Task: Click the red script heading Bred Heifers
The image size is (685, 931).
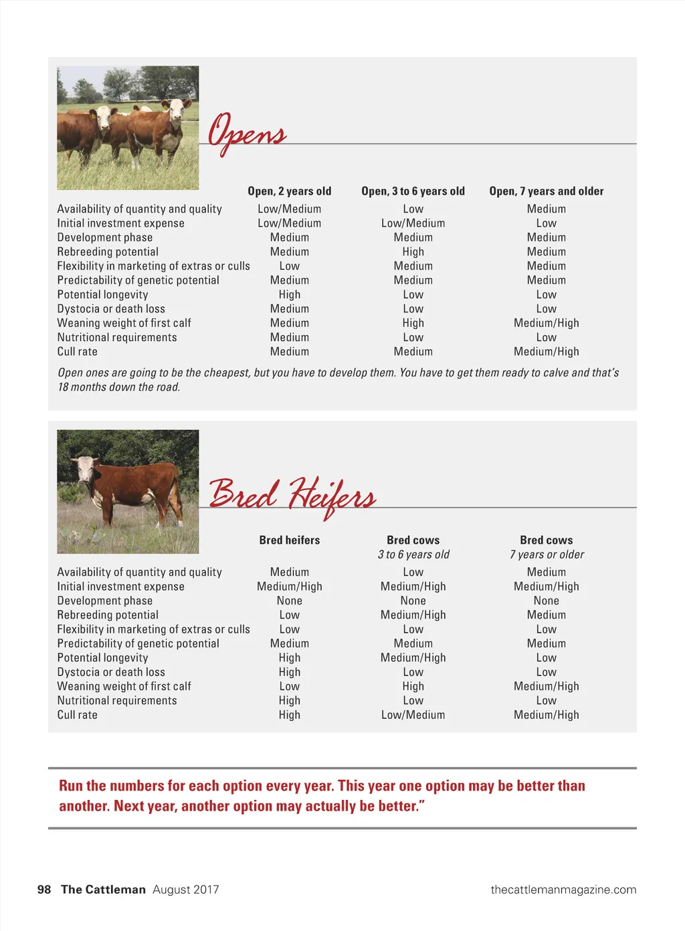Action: [292, 496]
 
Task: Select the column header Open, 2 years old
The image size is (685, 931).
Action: [289, 191]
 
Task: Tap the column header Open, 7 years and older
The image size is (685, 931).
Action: [546, 191]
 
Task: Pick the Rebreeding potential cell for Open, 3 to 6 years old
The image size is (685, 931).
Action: [413, 252]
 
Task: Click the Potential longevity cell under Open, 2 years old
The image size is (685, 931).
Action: [289, 295]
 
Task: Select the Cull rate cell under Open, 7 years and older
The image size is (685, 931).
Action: [546, 352]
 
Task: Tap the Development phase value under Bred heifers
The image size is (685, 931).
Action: [289, 601]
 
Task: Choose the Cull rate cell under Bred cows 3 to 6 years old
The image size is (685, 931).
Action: [413, 715]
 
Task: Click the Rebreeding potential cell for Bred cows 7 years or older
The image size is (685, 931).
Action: [546, 615]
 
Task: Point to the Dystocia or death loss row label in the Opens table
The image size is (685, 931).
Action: [111, 309]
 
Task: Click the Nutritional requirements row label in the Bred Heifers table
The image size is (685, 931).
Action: [117, 701]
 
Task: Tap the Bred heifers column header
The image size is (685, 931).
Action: [289, 540]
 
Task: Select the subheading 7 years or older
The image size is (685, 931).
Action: [547, 554]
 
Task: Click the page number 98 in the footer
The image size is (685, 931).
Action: [44, 890]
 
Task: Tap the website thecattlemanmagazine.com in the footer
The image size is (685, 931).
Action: [563, 890]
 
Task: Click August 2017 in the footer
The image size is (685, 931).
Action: [185, 890]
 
